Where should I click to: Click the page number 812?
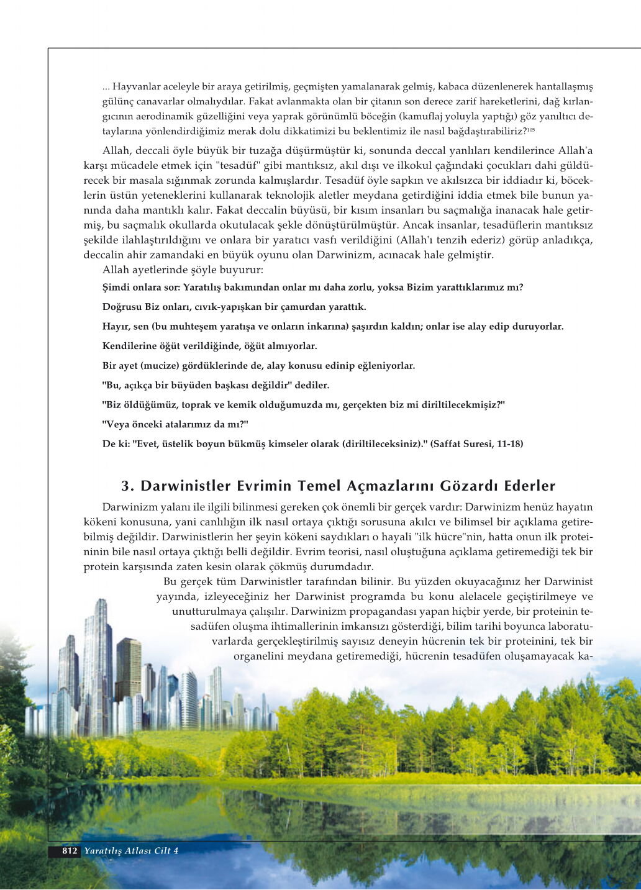pos(70,851)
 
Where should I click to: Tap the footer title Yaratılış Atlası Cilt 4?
pos(131,851)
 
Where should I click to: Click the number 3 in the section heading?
pos(126,486)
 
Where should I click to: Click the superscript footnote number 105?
pos(531,129)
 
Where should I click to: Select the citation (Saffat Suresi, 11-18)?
pos(476,444)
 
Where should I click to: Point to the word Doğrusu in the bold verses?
pos(122,307)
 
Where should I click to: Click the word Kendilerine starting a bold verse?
pos(129,346)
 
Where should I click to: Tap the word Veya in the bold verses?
pos(116,424)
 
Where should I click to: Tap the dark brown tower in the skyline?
pos(128,668)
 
